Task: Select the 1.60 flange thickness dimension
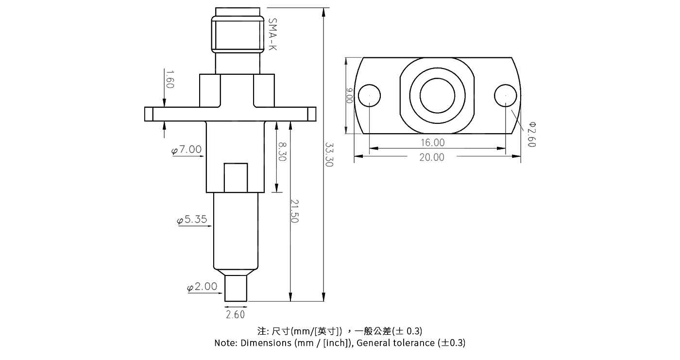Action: (170, 79)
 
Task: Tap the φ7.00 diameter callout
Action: (187, 150)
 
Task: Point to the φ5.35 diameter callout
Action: (192, 220)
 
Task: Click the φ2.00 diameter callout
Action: (203, 287)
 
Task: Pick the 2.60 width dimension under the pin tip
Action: (236, 315)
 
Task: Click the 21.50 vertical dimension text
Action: (294, 211)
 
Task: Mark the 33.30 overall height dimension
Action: (329, 154)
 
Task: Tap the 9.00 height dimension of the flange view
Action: (349, 96)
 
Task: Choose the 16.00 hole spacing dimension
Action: (432, 143)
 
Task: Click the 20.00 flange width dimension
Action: (432, 157)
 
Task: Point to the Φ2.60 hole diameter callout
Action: (531, 134)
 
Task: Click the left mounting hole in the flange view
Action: (369, 96)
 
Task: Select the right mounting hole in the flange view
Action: (506, 96)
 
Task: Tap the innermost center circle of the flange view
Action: (437, 95)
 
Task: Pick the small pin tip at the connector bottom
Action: (236, 289)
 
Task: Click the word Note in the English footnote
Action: (225, 343)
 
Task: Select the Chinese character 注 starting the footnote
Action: (263, 331)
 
